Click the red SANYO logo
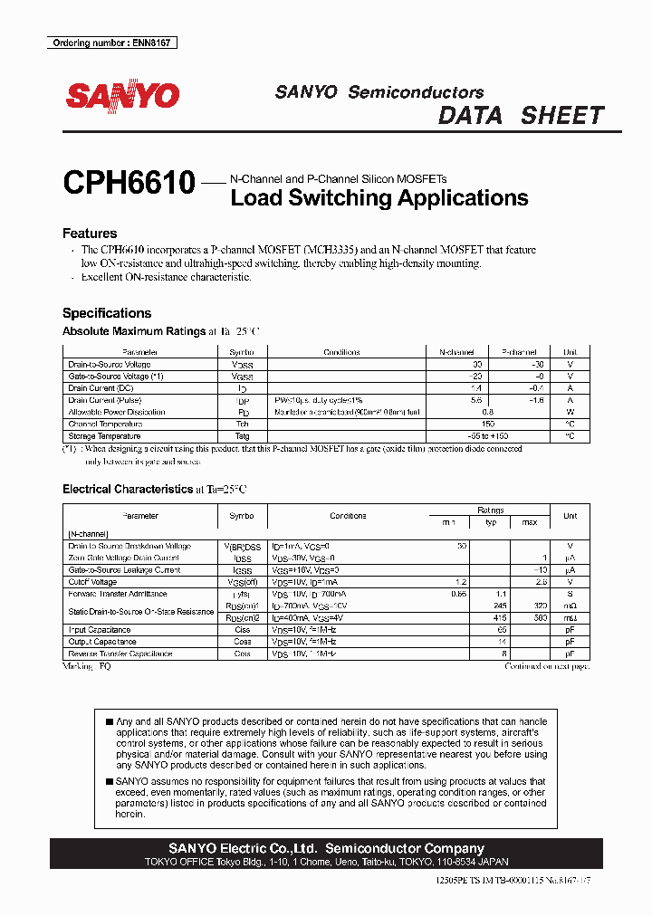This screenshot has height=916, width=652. coord(122,95)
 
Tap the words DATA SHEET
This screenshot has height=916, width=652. coord(521,116)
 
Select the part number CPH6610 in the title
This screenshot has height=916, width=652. coord(129,184)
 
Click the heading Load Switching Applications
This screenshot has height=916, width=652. coord(379,198)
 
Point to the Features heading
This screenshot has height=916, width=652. coord(90,234)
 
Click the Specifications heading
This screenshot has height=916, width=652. coord(107,313)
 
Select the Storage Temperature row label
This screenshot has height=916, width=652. coord(104,435)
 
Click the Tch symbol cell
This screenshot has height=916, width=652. coord(242,424)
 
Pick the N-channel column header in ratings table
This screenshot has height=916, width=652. coord(456,352)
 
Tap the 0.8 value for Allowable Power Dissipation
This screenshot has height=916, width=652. coord(487,412)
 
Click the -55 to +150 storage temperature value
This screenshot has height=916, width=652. coord(487,435)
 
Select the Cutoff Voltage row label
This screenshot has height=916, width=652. coord(92,582)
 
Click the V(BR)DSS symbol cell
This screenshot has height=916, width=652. coord(242,547)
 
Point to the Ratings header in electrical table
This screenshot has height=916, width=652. coord(490,510)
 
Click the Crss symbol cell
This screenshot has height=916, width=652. coord(242,653)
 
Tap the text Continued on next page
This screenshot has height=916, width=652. coord(547,666)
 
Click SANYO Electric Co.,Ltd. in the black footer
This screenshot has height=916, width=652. coord(244,848)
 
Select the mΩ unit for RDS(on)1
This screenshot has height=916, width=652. coord(570,606)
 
